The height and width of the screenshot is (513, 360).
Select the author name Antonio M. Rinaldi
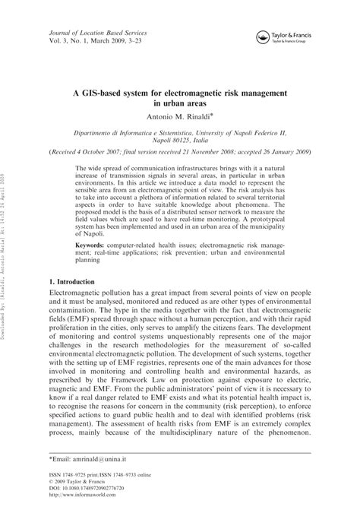pos(178,116)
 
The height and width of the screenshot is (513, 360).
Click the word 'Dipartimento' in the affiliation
pos(106,130)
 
